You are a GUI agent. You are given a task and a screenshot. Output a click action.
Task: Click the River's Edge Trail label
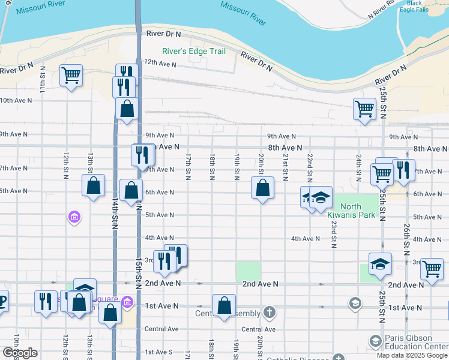[194, 51]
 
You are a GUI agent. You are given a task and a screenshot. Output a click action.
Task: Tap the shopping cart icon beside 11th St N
[71, 76]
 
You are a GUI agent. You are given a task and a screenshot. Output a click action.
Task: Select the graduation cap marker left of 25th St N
[380, 264]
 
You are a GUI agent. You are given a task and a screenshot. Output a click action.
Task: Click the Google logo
[20, 353]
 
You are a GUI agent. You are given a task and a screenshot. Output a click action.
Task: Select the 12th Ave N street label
[159, 62]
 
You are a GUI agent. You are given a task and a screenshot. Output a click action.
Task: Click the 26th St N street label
[406, 236]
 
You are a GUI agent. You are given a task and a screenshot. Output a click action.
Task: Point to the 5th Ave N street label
[159, 215]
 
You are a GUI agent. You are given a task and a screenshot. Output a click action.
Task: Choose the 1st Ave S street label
[158, 352]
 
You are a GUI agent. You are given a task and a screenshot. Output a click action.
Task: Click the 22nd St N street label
[309, 167]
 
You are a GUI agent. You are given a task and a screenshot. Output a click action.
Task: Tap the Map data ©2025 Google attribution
[412, 355]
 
